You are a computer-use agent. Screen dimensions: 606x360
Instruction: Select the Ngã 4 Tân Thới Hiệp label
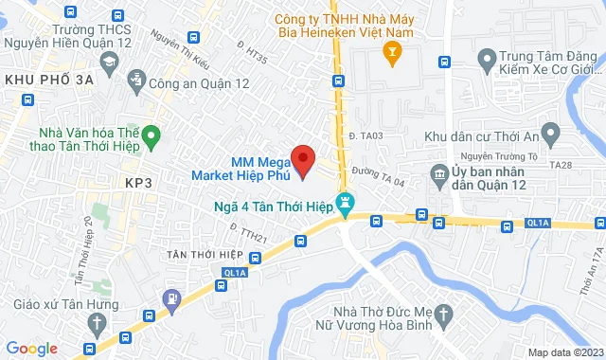coord(275,201)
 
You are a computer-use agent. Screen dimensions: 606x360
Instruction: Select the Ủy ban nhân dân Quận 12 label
coord(499,177)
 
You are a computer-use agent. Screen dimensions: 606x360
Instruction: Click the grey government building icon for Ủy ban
coord(439,175)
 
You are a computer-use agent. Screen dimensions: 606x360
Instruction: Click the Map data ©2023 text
coord(564,352)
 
